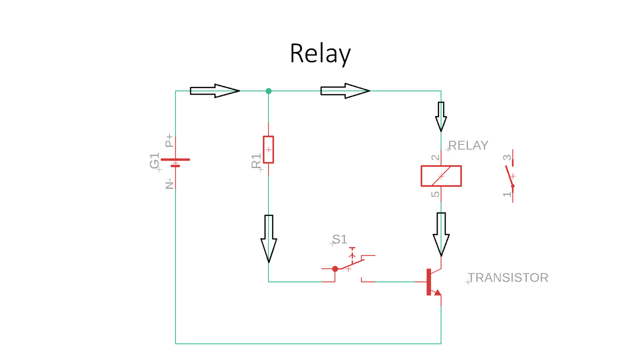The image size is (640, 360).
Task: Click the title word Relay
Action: [x=320, y=53]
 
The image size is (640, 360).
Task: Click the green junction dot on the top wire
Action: [x=268, y=91]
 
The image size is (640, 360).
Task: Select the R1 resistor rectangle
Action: [x=268, y=149]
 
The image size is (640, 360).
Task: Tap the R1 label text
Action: [x=256, y=161]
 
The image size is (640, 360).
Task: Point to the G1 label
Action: [x=155, y=161]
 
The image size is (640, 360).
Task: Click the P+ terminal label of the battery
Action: [x=169, y=140]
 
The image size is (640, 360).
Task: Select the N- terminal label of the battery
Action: [x=169, y=182]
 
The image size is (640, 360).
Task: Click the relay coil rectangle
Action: [x=441, y=176]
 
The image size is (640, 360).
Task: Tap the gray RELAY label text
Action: [x=468, y=145]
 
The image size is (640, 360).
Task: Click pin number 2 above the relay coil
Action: [x=435, y=157]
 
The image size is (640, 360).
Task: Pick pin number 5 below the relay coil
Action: [x=435, y=194]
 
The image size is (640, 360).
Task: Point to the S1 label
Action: [x=340, y=239]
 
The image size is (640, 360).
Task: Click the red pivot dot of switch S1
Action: [x=335, y=268]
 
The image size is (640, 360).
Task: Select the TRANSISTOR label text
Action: [x=508, y=277]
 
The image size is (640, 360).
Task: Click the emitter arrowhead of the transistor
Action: [x=437, y=292]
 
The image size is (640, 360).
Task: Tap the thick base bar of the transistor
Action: [x=428, y=281]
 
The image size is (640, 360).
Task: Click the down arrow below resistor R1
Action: [x=268, y=238]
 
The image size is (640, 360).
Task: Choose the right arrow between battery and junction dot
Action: [x=214, y=90]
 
